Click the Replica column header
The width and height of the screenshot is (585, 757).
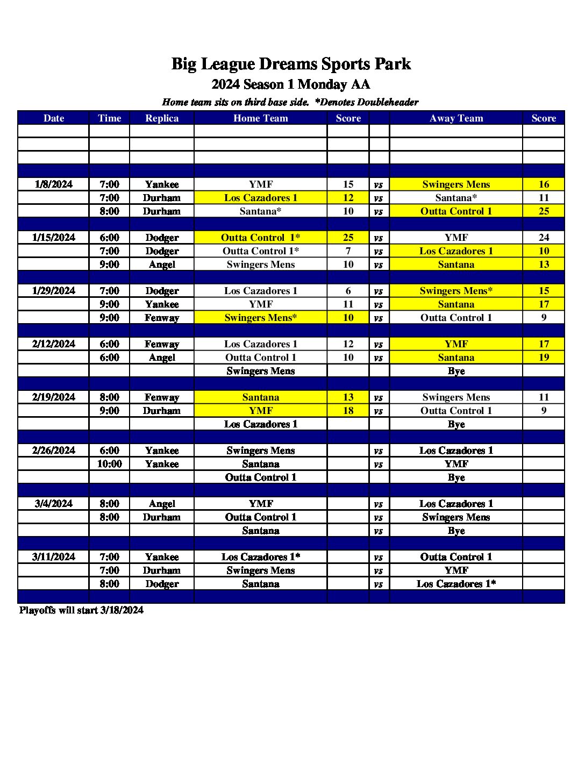pos(162,118)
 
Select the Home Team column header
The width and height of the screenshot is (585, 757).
pos(260,118)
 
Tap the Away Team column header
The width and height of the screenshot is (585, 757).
pos(456,118)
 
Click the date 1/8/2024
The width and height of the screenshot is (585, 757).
pos(53,184)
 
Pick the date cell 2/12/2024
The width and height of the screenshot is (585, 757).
pos(53,344)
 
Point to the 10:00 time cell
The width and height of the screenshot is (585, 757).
pos(109,464)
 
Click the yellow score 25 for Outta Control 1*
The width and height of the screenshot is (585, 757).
pos(348,238)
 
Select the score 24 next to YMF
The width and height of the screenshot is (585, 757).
pos(544,238)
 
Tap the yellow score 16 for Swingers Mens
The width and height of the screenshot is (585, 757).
pos(544,184)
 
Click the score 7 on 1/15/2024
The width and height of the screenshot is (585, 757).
pos(348,251)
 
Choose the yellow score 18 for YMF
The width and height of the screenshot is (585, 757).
pos(348,411)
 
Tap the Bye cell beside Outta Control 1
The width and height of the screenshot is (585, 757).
pos(456,477)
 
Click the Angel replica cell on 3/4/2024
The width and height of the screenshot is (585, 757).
pos(162,504)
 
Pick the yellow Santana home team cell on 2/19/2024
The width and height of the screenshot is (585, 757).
pos(260,397)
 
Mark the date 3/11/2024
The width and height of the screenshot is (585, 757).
pos(53,557)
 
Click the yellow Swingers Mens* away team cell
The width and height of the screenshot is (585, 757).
pos(456,291)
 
